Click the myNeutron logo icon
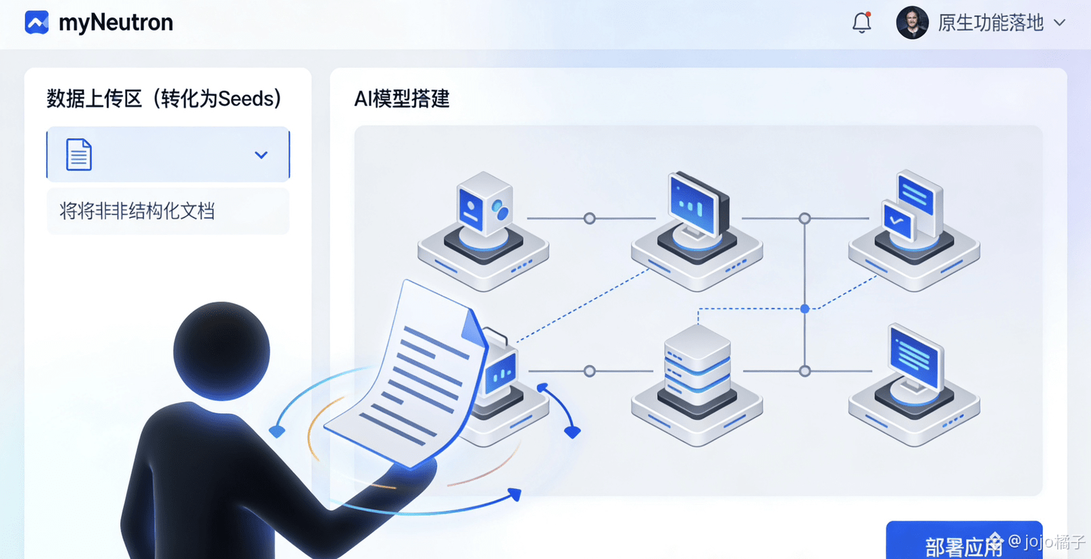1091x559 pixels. (x=36, y=22)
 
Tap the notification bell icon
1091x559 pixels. (x=861, y=23)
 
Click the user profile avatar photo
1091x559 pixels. (x=912, y=23)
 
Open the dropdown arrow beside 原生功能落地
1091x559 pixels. (x=1060, y=23)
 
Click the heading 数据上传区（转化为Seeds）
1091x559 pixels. (x=163, y=99)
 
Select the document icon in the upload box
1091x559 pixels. (x=78, y=155)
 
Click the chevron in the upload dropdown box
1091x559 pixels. (x=261, y=155)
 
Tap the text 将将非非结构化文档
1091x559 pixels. (x=137, y=211)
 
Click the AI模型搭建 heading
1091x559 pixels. (x=401, y=99)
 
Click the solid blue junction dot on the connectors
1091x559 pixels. (x=805, y=309)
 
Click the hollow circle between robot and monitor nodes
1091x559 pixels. (x=590, y=219)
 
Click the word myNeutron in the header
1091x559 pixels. (x=116, y=23)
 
